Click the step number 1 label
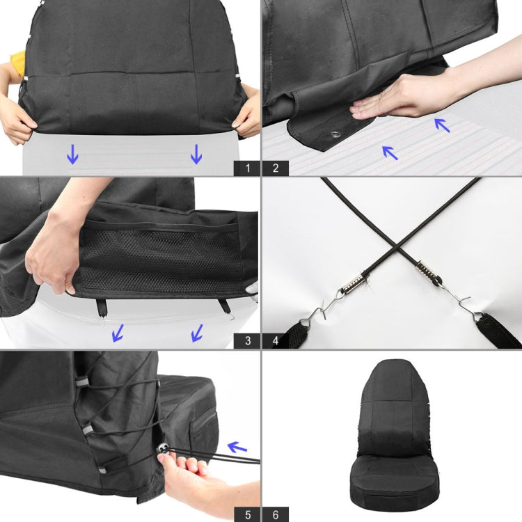tap(246, 168)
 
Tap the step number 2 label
tap(276, 168)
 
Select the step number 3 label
tap(246, 341)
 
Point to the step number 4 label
tap(276, 341)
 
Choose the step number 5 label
tap(246, 514)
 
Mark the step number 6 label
tap(276, 514)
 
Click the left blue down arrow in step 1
tap(72, 154)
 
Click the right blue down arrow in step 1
tap(196, 154)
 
